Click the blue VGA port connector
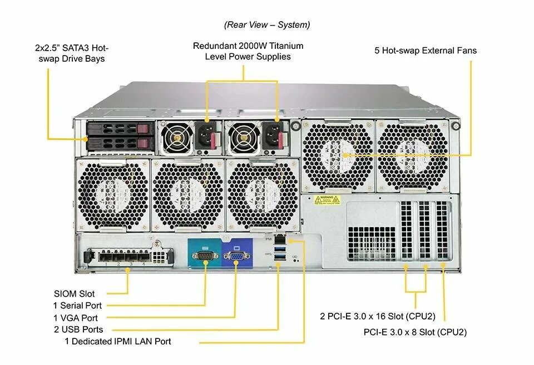pyautogui.click(x=236, y=256)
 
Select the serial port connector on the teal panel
pyautogui.click(x=204, y=256)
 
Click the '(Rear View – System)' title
pyautogui.click(x=267, y=25)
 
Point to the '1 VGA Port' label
pyautogui.click(x=76, y=318)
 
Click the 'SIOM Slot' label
pyautogui.click(x=74, y=293)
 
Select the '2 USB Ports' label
pyautogui.click(x=78, y=329)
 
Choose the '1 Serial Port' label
pyautogui.click(x=77, y=306)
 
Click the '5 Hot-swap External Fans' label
pyautogui.click(x=426, y=51)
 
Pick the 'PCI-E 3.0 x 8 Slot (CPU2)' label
pyautogui.click(x=415, y=332)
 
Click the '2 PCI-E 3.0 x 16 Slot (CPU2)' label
pyautogui.click(x=378, y=317)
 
